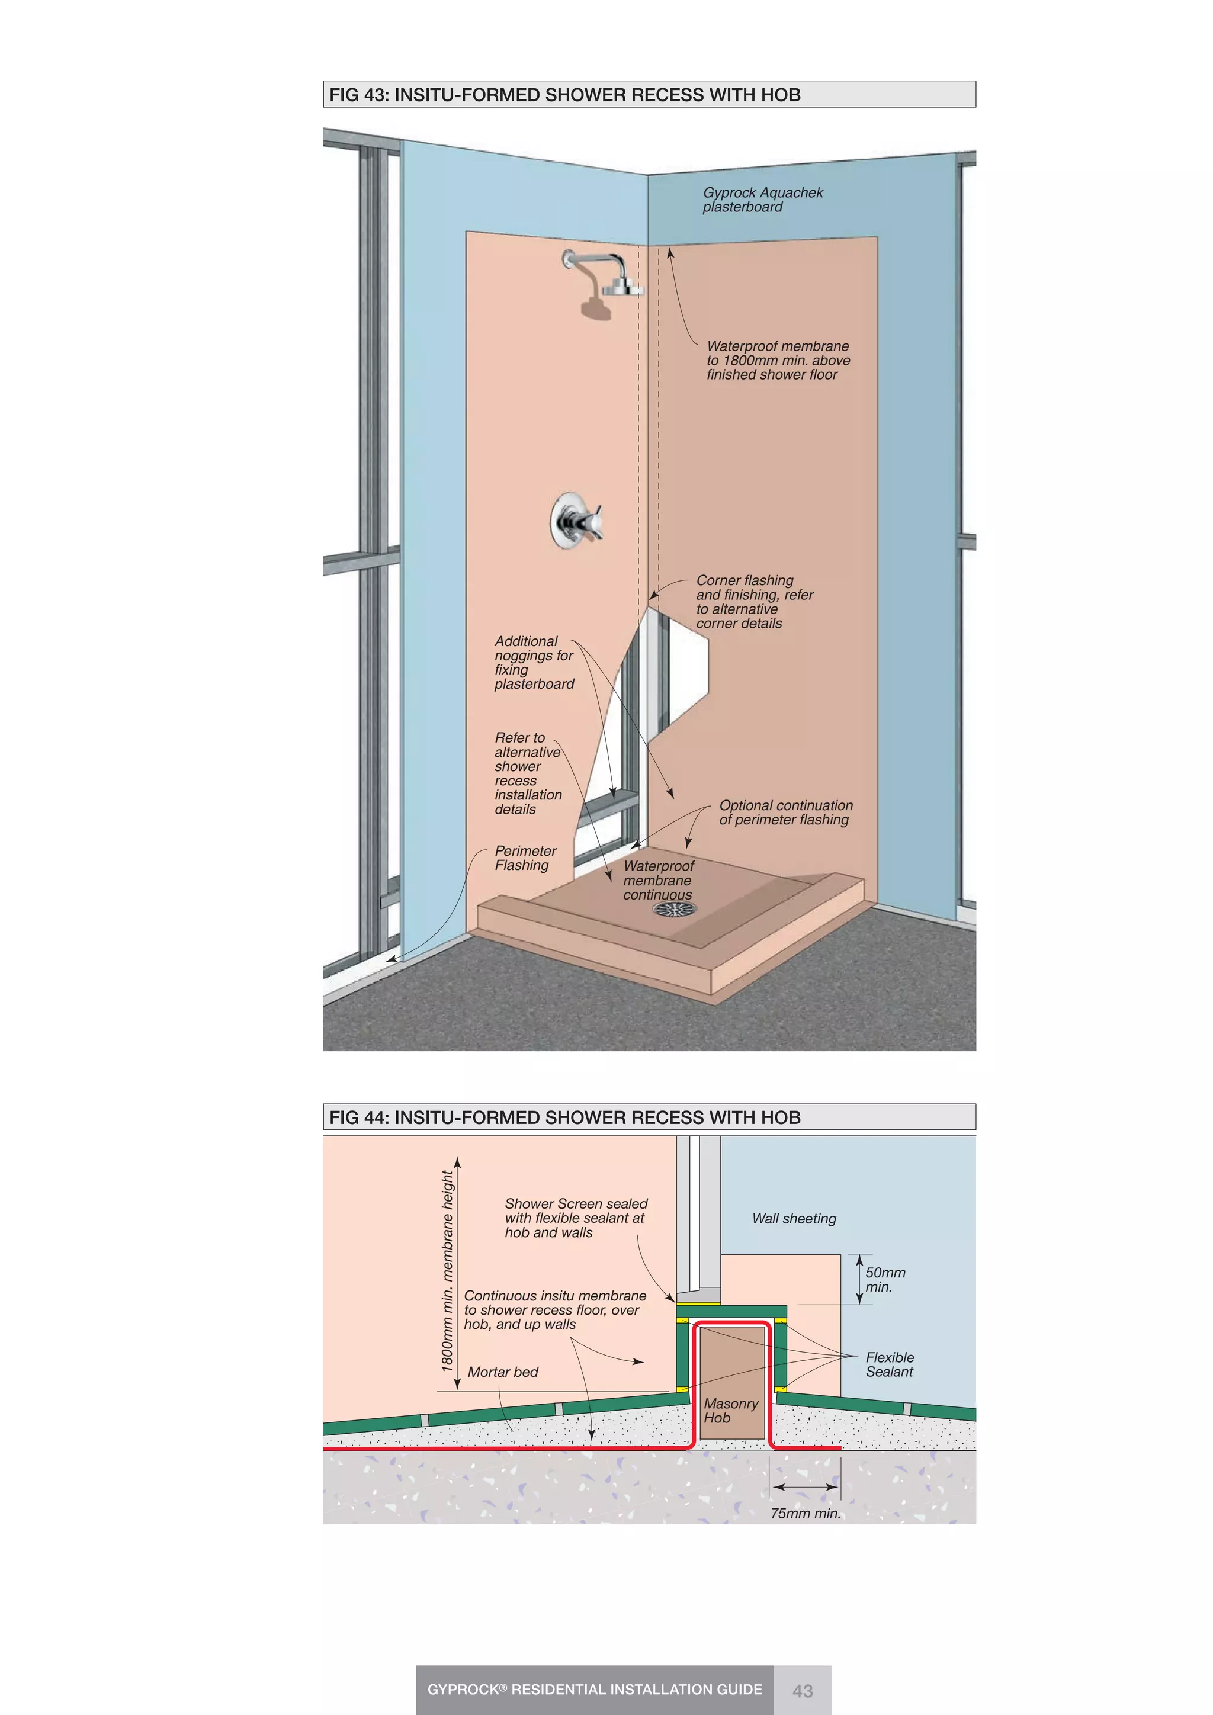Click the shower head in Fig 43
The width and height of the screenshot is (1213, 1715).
click(622, 285)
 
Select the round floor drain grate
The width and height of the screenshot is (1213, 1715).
click(675, 909)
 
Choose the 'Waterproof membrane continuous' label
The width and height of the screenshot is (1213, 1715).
click(658, 880)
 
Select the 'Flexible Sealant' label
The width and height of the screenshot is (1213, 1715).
click(889, 1364)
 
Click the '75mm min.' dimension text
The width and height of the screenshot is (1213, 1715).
click(805, 1513)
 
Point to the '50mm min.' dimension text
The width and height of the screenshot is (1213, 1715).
click(885, 1280)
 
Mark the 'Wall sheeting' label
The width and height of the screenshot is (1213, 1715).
click(794, 1218)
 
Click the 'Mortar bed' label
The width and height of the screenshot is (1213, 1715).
click(503, 1372)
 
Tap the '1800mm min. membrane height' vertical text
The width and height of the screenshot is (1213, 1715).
click(447, 1270)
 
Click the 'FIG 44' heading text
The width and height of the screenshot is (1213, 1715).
click(564, 1117)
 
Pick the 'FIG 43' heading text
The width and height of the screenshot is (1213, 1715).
click(564, 95)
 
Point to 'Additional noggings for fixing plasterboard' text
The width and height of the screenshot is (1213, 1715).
click(533, 663)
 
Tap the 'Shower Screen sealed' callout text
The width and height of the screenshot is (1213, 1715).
click(575, 1218)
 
